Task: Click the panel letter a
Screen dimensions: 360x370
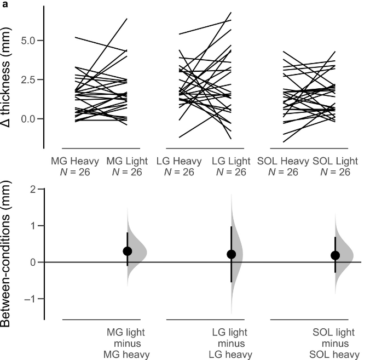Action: pos(3,4)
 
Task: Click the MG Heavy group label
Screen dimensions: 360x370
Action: pos(74,161)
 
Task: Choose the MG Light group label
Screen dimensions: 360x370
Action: pos(127,161)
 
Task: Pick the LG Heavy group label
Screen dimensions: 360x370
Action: pos(179,161)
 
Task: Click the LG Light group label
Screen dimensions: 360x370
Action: pos(231,161)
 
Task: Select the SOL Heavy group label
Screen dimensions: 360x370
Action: pos(282,161)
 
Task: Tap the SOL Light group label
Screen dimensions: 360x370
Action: pos(335,161)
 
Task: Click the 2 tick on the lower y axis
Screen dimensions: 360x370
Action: pos(32,190)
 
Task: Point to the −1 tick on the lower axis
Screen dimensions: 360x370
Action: pos(30,299)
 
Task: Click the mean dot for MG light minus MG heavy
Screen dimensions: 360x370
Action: pos(128,251)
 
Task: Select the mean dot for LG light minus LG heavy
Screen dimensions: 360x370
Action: pos(232,254)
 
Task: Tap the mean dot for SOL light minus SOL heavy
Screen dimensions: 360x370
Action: pos(336,255)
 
